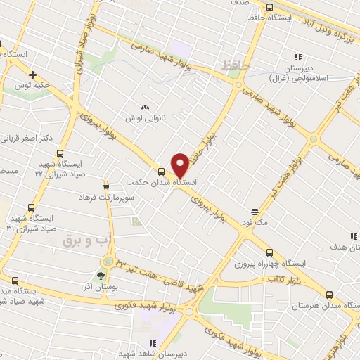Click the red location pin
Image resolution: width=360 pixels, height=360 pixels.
click(x=180, y=165)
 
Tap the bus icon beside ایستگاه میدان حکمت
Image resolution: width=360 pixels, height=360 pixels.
click(x=162, y=171)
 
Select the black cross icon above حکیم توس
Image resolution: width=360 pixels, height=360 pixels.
click(x=32, y=74)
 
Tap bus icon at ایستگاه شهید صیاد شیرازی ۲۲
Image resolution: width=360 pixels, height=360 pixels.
click(x=60, y=153)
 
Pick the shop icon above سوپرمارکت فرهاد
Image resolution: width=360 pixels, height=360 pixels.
click(x=107, y=187)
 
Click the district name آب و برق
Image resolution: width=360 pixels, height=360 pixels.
click(x=88, y=240)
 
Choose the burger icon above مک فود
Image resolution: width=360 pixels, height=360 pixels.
click(x=255, y=210)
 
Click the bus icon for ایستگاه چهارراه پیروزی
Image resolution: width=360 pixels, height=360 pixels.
click(x=270, y=252)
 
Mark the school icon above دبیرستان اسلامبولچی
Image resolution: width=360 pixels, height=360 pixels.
click(x=298, y=57)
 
